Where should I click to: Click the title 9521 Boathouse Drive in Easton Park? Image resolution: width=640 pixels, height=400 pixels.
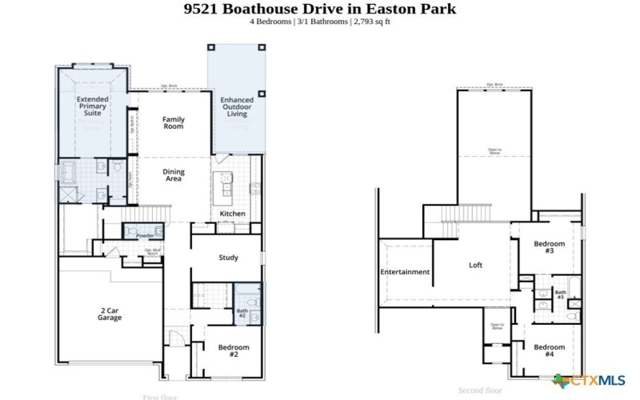(x=320, y=9)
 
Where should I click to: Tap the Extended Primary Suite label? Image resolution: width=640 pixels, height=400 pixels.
(x=93, y=106)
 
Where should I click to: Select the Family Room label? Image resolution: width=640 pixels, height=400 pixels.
(x=174, y=123)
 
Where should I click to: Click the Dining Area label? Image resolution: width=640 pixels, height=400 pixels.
(x=174, y=175)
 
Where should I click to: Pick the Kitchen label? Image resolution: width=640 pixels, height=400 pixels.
(x=232, y=214)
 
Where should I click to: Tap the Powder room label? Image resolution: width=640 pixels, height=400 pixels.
(x=145, y=236)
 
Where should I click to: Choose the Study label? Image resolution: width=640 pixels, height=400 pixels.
(x=230, y=258)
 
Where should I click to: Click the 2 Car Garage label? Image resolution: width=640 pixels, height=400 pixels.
(x=110, y=314)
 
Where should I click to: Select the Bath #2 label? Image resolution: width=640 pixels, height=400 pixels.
(x=242, y=314)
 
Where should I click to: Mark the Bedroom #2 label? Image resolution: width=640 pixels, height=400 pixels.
(x=234, y=350)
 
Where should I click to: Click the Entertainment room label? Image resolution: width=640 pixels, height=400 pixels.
(x=405, y=272)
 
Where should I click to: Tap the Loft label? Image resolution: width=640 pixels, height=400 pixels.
(x=476, y=266)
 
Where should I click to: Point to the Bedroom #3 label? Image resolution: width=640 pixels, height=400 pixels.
(x=550, y=247)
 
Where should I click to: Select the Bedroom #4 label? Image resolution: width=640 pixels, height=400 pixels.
(x=550, y=350)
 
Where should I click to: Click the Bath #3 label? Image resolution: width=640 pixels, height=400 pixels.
(x=560, y=294)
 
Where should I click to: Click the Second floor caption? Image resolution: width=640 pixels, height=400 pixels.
(x=479, y=390)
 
